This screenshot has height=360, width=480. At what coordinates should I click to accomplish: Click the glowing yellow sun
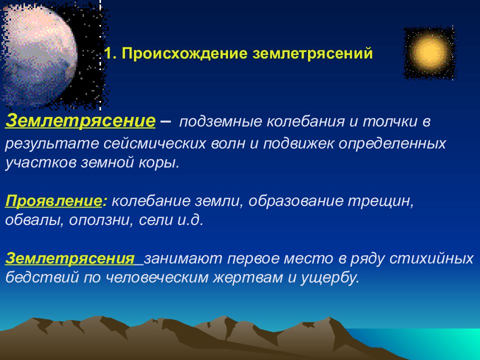pyautogui.click(x=429, y=52)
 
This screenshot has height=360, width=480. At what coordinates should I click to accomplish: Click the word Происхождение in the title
pyautogui.click(x=184, y=53)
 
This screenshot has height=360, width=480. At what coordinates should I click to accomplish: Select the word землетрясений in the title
pyautogui.click(x=312, y=53)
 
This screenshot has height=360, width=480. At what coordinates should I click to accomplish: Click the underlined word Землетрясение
pyautogui.click(x=80, y=120)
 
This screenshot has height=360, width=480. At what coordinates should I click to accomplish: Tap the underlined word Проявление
pyautogui.click(x=53, y=201)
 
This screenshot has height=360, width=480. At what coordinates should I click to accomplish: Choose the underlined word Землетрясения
pyautogui.click(x=70, y=258)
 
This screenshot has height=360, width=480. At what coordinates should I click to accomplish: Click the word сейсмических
pyautogui.click(x=154, y=143)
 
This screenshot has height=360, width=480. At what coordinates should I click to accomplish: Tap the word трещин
pyautogui.click(x=380, y=201)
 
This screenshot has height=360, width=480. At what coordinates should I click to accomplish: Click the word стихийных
pyautogui.click(x=431, y=258)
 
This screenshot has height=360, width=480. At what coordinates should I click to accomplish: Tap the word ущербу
pyautogui.click(x=329, y=277)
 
